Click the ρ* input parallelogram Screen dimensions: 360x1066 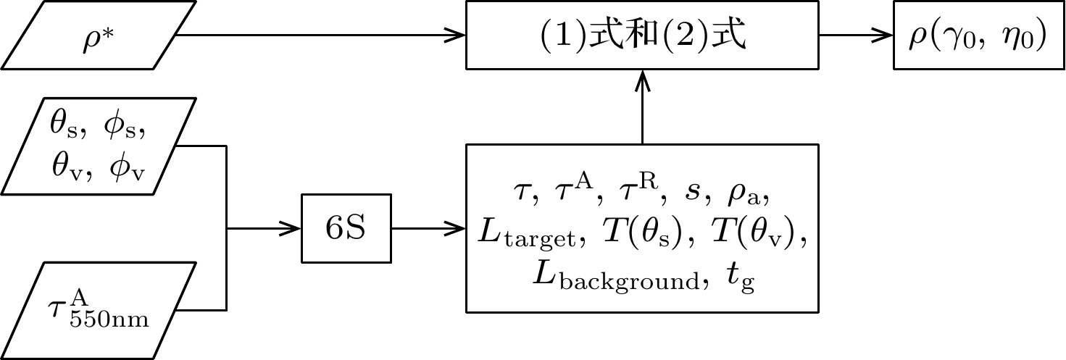(x=99, y=35)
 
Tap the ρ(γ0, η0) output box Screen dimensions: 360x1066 (x=978, y=35)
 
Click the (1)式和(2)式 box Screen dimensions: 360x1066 (x=642, y=35)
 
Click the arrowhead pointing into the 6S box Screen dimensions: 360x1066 (x=293, y=229)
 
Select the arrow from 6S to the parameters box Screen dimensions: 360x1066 (x=428, y=229)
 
